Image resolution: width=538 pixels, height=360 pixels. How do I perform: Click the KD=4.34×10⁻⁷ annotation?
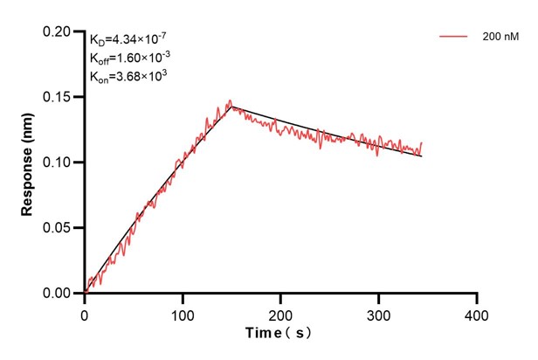tap(129, 39)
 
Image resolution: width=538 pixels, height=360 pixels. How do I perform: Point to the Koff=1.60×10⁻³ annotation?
tap(129, 58)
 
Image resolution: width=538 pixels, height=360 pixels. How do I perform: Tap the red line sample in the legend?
tap(453, 37)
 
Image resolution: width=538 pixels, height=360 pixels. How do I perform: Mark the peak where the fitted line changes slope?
tap(231, 107)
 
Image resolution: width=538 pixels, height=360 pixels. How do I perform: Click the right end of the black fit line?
tap(422, 156)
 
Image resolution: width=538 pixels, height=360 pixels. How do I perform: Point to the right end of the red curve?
tap(422, 142)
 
